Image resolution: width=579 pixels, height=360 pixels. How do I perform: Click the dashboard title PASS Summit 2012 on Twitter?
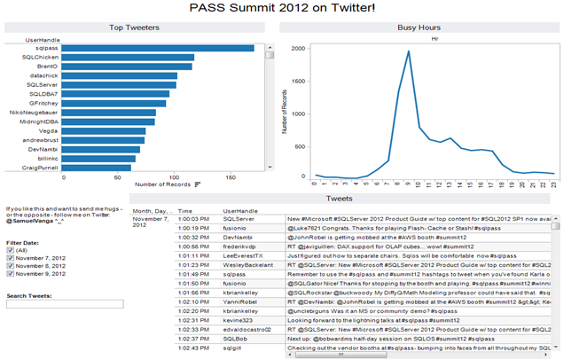(289, 8)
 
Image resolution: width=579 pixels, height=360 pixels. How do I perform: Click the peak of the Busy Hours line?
(408, 51)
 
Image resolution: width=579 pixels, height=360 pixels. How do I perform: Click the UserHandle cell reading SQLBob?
(236, 339)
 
